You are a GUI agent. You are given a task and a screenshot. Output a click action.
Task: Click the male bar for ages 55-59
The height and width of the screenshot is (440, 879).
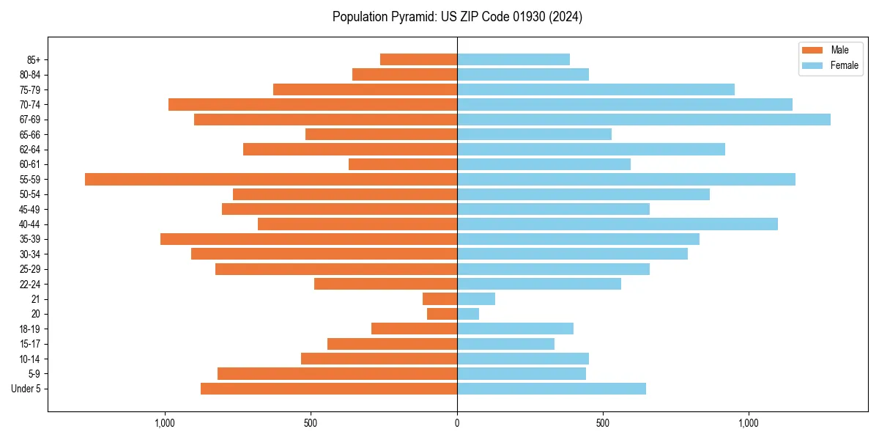click(271, 180)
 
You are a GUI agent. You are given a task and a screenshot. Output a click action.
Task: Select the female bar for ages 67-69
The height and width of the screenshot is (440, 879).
click(644, 120)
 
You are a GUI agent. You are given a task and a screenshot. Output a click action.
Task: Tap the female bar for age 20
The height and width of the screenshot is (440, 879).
click(468, 314)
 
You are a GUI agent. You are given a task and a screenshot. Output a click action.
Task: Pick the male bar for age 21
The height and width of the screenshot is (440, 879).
click(439, 299)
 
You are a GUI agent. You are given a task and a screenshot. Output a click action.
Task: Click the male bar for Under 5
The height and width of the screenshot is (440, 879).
click(329, 389)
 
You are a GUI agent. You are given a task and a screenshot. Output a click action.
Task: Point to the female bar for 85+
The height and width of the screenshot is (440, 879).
click(513, 59)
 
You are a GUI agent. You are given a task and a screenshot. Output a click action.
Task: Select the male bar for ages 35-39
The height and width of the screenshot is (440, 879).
click(308, 239)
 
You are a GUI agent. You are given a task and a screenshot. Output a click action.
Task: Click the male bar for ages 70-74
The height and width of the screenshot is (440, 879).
click(313, 105)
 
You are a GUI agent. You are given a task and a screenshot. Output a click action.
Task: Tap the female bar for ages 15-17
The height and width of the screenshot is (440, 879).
click(505, 344)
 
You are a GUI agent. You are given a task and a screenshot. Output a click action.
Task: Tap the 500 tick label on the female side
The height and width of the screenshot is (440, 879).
click(603, 424)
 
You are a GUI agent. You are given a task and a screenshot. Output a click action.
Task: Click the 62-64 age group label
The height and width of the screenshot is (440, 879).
click(30, 150)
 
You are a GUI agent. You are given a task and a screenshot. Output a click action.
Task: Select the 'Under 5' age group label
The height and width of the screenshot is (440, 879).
click(26, 389)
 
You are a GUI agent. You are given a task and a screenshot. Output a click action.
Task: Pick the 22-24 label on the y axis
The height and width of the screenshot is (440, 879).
click(30, 285)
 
